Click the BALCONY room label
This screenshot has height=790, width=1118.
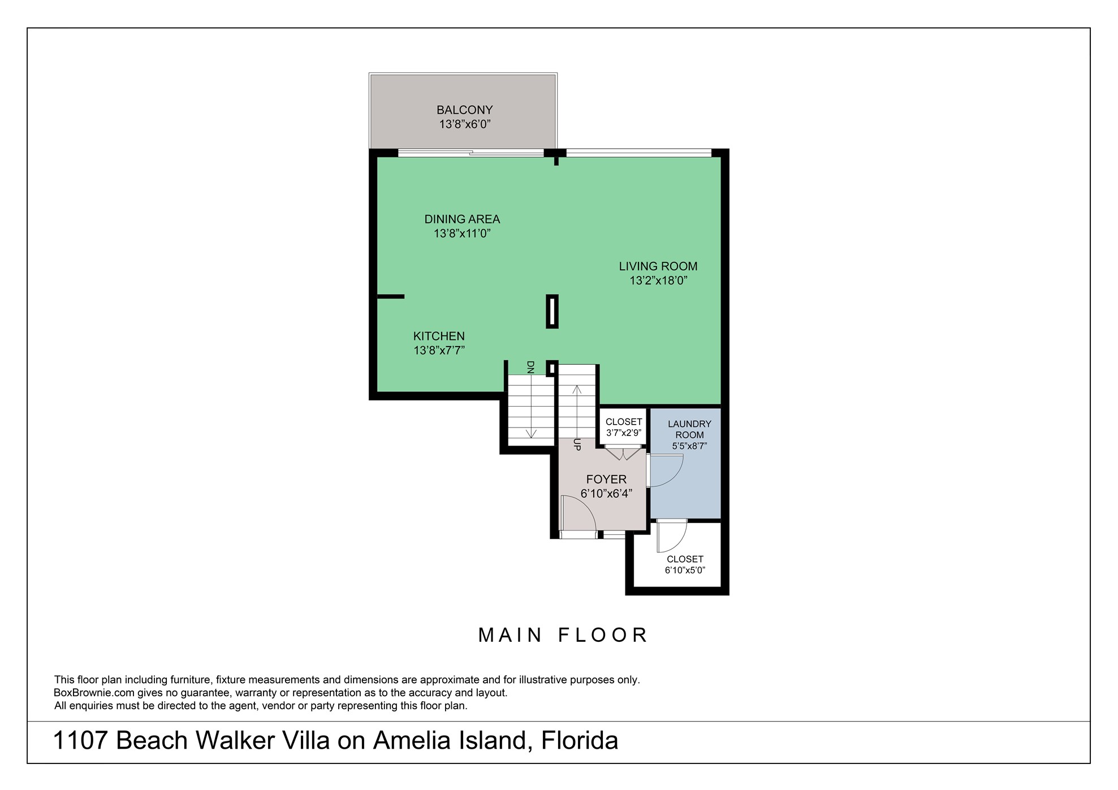pos(464,110)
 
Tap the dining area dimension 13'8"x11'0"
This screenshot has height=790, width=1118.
pos(461,234)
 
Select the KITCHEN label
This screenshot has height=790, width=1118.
pos(439,336)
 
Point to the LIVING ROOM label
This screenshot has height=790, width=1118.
pos(658,266)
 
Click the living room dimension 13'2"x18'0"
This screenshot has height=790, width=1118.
pos(658,280)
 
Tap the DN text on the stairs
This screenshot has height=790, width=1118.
pos(530,368)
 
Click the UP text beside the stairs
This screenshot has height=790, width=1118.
pos(577,444)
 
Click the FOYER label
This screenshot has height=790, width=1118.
pos(606,480)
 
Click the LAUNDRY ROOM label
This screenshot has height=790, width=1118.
pos(689,429)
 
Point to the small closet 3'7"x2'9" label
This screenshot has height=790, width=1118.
pos(623,427)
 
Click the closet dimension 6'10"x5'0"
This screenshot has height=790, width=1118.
pos(684,570)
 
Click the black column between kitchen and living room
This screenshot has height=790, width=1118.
pos(552,311)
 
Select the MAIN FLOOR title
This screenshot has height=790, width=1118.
pos(563,635)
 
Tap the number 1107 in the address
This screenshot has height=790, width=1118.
pos(80,740)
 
